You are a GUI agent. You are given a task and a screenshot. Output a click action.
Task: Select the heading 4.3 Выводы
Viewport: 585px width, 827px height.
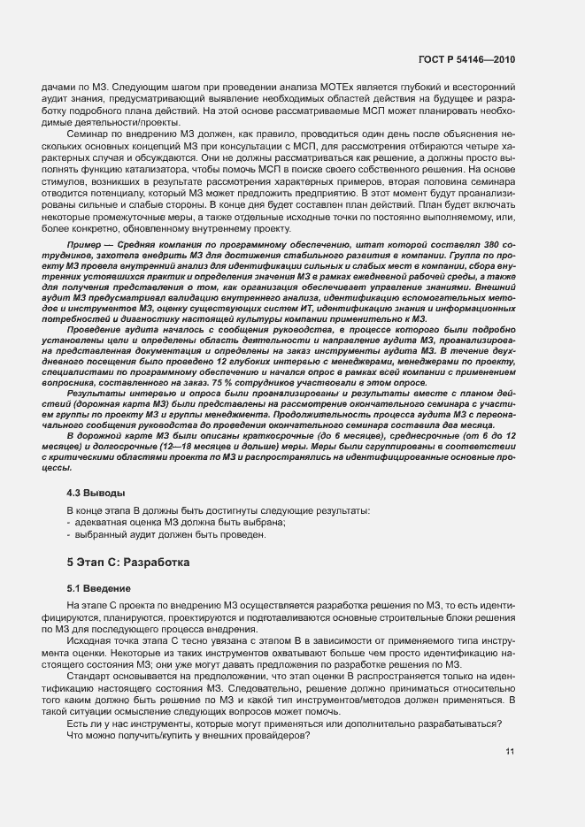pos(96,492)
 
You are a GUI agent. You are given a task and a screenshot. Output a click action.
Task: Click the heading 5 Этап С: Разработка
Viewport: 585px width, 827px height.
pos(128,562)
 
